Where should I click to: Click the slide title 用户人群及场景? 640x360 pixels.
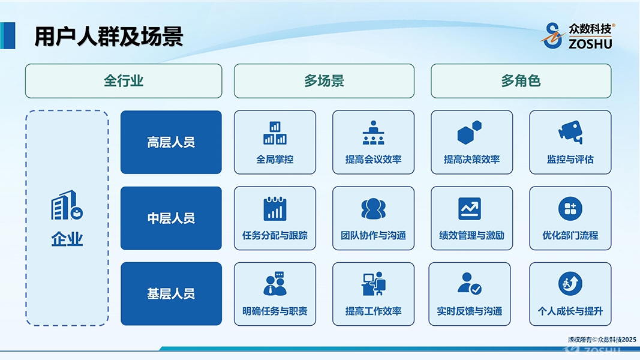pos(109,37)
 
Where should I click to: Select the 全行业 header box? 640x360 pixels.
pos(124,81)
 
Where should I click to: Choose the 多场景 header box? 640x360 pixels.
pos(324,81)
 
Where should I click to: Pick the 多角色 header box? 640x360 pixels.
pos(521,81)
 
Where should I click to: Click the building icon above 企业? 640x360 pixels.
pos(67,205)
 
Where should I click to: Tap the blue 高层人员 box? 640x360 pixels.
pos(171,142)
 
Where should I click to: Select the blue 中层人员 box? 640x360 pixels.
pos(171,218)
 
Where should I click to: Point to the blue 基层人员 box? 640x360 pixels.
pos(171,293)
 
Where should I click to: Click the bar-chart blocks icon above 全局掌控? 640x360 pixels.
pos(275,133)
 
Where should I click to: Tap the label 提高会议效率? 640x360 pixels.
pos(373,159)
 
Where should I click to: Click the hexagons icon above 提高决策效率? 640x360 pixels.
pos(470,132)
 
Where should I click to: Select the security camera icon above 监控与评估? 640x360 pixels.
pos(570,132)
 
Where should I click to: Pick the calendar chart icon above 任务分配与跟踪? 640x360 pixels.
pos(275,209)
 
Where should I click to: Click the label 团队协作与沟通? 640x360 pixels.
pos(373,235)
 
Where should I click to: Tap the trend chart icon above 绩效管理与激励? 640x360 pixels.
pos(470,209)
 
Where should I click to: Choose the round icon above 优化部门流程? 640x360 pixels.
pos(570,209)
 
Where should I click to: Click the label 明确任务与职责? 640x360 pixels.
pos(275,311)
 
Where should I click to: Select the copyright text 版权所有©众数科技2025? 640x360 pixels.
pos(602,339)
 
